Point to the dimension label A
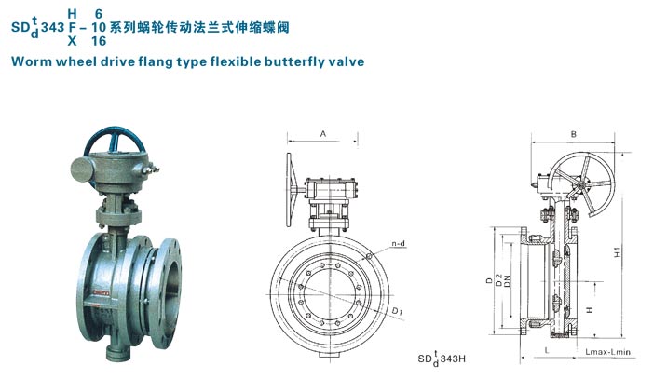(322, 134)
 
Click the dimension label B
(574, 134)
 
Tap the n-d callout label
(397, 243)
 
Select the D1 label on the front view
(397, 309)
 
